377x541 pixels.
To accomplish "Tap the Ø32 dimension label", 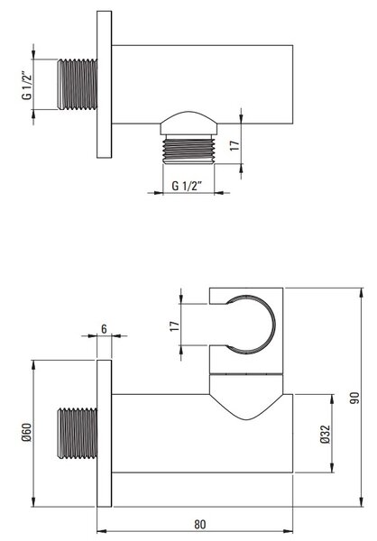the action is click(x=326, y=435).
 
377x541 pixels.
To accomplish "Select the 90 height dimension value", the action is click(x=354, y=398).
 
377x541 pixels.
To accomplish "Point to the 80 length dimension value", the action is click(x=200, y=525).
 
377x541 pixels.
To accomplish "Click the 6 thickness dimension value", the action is click(x=104, y=329).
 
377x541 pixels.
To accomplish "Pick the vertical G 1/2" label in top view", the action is click(x=27, y=86).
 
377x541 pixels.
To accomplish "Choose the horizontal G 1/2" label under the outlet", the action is click(x=187, y=186).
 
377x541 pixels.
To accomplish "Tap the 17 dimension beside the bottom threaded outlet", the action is click(x=234, y=145).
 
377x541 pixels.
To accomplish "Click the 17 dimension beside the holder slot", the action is click(x=175, y=326).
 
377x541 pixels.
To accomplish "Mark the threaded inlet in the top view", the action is click(x=78, y=85).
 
